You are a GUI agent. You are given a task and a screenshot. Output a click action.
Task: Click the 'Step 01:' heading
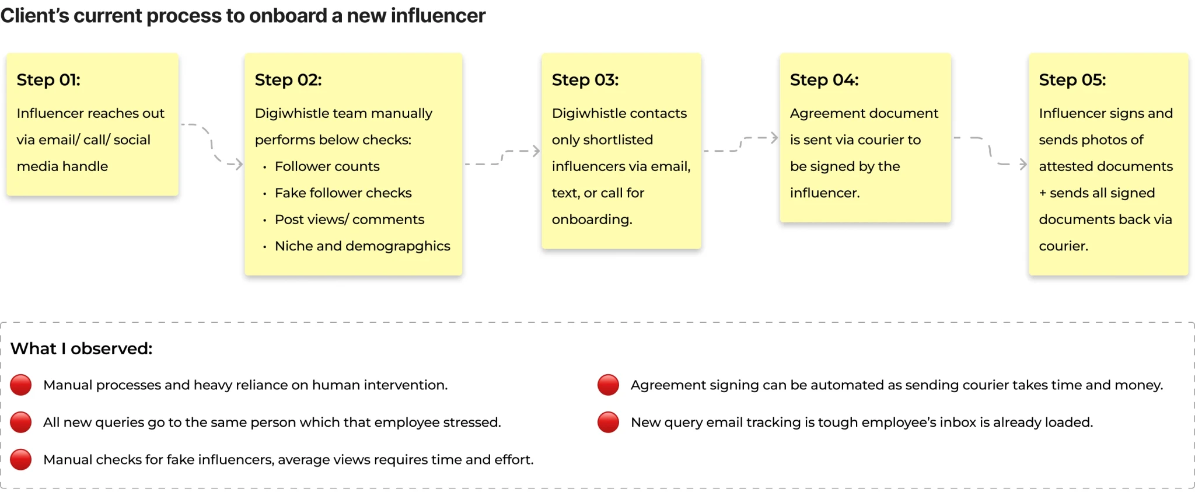48,79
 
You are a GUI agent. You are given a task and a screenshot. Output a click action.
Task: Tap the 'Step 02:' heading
288,79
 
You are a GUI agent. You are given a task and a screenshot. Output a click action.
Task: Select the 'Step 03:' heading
585,79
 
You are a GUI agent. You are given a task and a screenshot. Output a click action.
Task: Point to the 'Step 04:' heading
824,79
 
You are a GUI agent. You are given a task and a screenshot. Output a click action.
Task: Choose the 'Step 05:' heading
1072,79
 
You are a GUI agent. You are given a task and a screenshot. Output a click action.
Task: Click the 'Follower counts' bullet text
327,166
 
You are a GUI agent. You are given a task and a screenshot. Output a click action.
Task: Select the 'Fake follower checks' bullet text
343,193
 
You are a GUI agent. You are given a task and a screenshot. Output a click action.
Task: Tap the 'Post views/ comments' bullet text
350,219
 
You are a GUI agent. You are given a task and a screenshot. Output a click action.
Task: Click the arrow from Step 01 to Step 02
211,144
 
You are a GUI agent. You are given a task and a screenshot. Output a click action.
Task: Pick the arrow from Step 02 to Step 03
502,158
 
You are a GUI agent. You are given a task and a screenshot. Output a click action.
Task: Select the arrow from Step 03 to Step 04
740,144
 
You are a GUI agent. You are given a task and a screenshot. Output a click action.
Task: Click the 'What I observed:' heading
82,348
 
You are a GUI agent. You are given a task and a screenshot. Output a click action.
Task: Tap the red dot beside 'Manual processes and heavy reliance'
21,385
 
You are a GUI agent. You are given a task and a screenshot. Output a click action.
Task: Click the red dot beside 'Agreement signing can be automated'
608,385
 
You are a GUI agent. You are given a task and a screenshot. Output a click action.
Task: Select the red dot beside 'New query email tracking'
608,423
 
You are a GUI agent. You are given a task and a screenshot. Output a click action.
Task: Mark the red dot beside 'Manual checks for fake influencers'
21,460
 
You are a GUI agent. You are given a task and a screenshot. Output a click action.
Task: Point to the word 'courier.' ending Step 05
1063,246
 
